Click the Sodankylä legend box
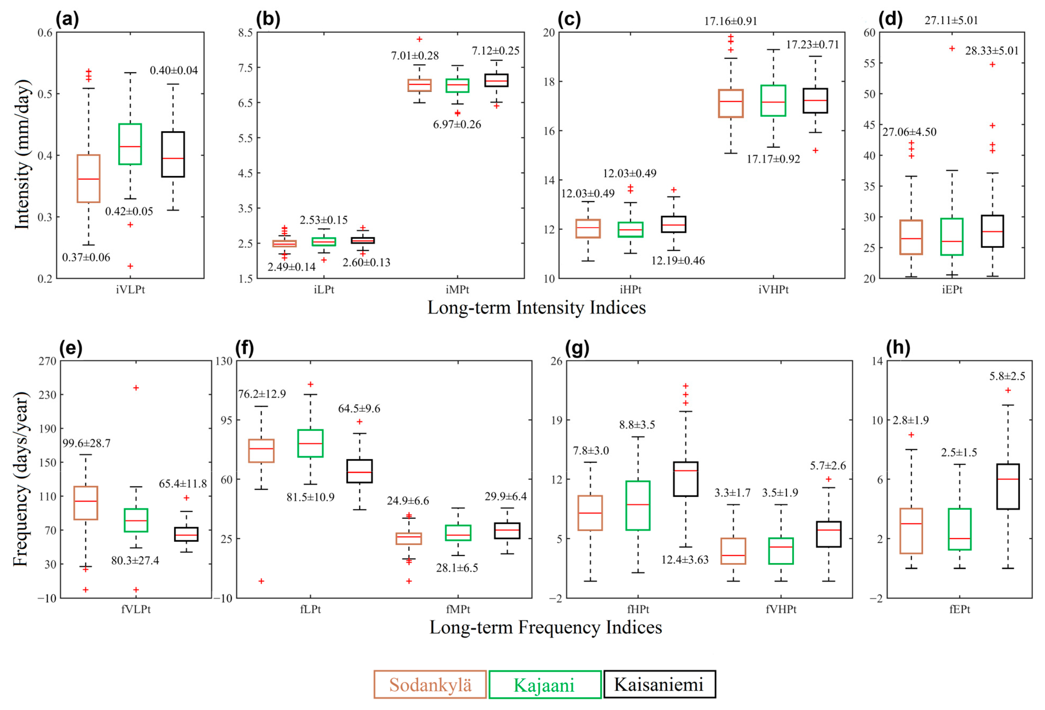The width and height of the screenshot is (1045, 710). click(430, 684)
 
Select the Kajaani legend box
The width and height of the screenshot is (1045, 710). click(544, 684)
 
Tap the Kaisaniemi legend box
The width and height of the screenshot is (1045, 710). click(659, 684)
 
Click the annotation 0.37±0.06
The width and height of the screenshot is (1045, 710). click(86, 257)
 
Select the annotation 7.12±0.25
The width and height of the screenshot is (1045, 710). click(495, 51)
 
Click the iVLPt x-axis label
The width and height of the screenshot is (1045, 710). click(130, 290)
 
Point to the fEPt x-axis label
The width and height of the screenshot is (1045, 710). click(960, 609)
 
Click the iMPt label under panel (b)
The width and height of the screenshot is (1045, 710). click(457, 290)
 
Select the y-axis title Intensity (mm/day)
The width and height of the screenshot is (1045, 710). click(23, 154)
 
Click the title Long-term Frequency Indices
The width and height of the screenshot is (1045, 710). click(546, 627)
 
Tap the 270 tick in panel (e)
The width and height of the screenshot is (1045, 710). click(47, 361)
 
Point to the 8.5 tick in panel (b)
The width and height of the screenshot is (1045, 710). click(245, 32)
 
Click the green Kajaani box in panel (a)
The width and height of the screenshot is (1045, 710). click(130, 144)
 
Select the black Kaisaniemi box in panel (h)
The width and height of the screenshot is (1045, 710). click(1008, 486)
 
